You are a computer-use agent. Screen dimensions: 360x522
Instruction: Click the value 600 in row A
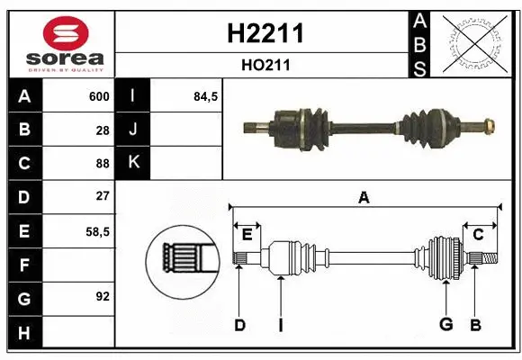click(x=99, y=96)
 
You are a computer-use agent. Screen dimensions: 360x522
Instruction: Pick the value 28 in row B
click(x=103, y=130)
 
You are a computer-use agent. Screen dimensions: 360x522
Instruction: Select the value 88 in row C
click(x=103, y=163)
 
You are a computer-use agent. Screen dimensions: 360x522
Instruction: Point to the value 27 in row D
click(x=103, y=196)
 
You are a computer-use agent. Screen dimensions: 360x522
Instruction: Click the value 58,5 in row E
click(x=97, y=231)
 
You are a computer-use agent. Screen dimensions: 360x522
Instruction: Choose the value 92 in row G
click(x=103, y=295)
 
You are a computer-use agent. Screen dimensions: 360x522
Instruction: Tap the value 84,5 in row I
click(x=206, y=96)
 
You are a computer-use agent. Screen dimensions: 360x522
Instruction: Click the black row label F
click(x=23, y=265)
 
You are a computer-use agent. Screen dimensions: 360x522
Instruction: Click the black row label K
click(x=133, y=163)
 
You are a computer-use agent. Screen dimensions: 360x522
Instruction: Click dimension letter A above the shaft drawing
click(x=364, y=197)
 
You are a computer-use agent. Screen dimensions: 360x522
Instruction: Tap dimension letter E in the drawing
click(x=247, y=235)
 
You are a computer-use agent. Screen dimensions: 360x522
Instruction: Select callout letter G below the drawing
click(x=445, y=325)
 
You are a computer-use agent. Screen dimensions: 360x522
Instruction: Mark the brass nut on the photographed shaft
click(x=487, y=124)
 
